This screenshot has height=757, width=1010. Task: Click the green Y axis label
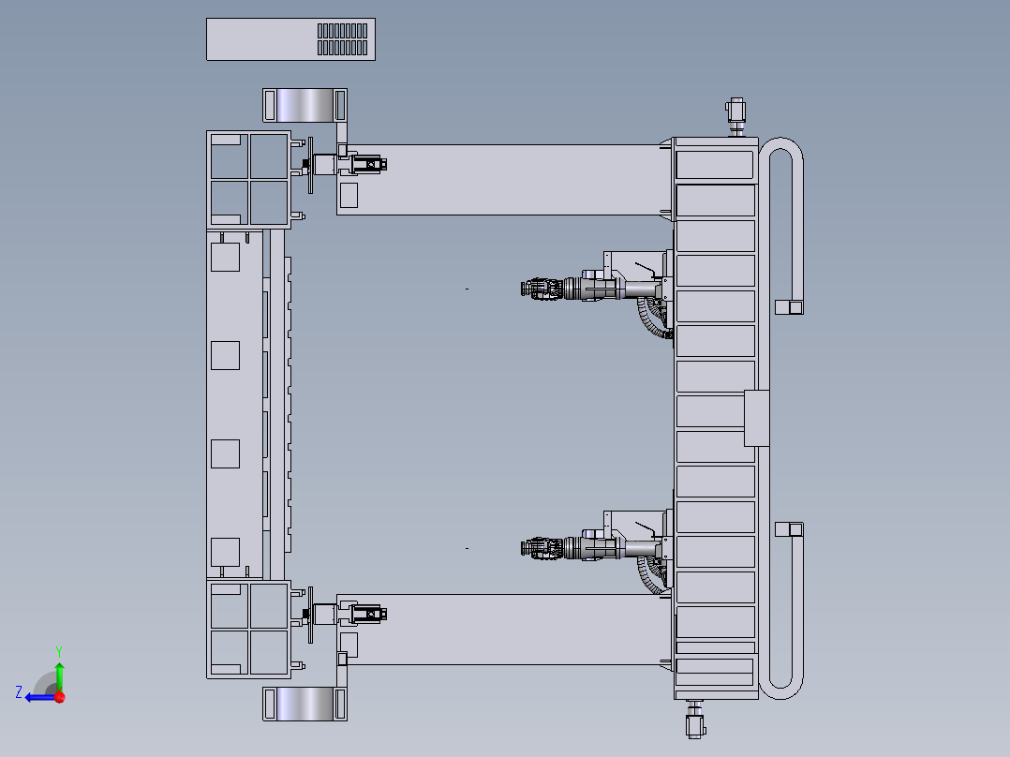[59, 651]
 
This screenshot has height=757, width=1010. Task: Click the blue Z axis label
[19, 692]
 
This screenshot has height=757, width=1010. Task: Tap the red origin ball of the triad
[60, 697]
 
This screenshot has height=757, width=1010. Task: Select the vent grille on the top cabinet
[342, 39]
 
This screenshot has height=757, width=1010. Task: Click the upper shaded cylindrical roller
[304, 105]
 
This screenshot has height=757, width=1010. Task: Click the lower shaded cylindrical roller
[304, 704]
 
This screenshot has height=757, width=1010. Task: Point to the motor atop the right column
[736, 116]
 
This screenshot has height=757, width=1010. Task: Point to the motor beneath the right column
[695, 720]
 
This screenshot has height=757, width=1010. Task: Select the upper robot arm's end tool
[542, 289]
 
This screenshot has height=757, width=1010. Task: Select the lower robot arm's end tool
[542, 548]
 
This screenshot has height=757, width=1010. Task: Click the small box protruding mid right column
[756, 418]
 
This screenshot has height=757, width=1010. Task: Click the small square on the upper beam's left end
[349, 195]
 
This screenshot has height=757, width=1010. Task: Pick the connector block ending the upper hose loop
[789, 307]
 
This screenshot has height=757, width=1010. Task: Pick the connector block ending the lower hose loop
[789, 529]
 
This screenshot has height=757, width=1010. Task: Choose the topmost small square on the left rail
[226, 257]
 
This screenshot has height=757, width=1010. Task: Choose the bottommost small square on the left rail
[226, 552]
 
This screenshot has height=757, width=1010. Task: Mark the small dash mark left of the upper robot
[467, 289]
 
